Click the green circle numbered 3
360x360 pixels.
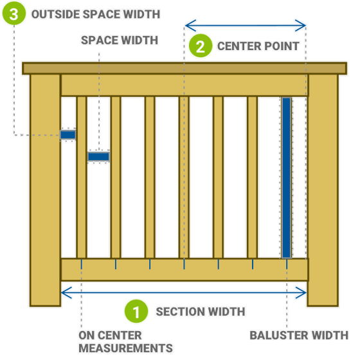[x=14, y=15]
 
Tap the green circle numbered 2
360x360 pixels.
[x=201, y=46]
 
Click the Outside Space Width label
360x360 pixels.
[x=95, y=14]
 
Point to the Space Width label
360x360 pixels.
[x=120, y=40]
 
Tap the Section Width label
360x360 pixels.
[x=201, y=312]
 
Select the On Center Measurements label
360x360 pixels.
[x=125, y=342]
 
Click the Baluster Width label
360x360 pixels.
[x=299, y=336]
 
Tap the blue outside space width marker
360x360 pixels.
[x=67, y=134]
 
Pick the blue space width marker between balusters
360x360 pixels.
[x=98, y=156]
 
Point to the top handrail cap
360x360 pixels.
[x=184, y=68]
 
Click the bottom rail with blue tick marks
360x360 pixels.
[x=184, y=270]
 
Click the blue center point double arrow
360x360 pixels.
[x=245, y=26]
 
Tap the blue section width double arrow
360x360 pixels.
[x=184, y=292]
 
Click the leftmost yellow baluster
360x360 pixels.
[x=82, y=177]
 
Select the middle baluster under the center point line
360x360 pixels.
[x=184, y=177]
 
